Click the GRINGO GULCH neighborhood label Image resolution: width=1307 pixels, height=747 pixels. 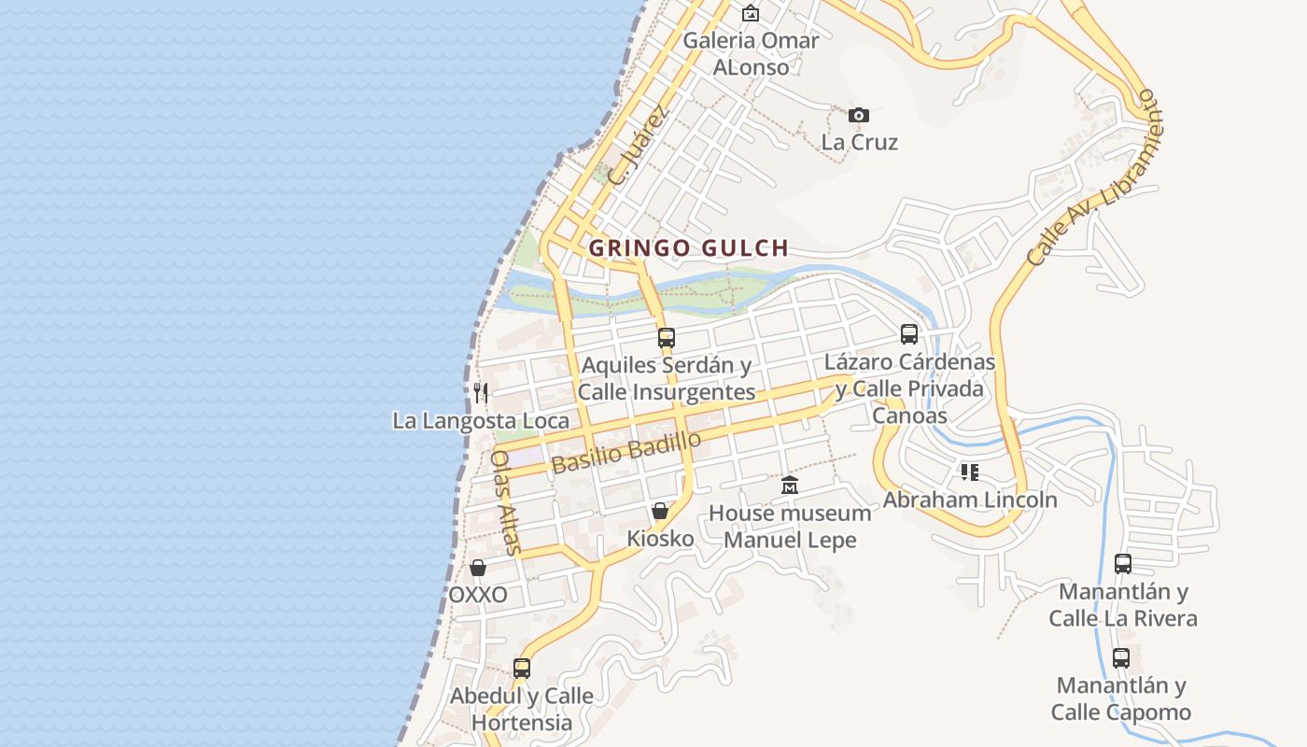[x=689, y=248]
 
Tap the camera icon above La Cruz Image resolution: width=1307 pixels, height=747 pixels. [x=859, y=116]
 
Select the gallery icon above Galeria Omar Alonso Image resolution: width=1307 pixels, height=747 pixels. [x=750, y=13]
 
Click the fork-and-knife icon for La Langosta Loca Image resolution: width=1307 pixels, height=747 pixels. [x=480, y=393]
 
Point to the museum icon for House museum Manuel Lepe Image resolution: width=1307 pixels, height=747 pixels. [x=790, y=486]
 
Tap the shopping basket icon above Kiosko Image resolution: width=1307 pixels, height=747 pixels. [x=660, y=511]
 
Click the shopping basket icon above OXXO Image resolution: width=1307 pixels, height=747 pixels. [x=478, y=568]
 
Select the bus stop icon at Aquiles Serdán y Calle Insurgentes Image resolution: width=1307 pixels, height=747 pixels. [x=667, y=338]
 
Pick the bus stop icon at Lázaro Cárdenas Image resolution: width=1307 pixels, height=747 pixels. [x=909, y=334]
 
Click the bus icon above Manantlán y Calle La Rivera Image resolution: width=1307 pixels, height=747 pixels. [x=1123, y=564]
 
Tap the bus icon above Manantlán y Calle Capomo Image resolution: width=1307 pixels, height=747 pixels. [x=1121, y=658]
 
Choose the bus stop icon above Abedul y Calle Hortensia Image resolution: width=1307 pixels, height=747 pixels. [x=522, y=669]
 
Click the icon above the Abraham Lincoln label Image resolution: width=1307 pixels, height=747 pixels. [x=970, y=472]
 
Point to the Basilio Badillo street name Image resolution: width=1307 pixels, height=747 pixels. [x=625, y=452]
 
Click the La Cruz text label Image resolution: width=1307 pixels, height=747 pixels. [x=859, y=143]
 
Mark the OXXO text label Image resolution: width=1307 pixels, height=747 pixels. [x=478, y=595]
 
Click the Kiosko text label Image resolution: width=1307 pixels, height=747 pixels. [x=660, y=539]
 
